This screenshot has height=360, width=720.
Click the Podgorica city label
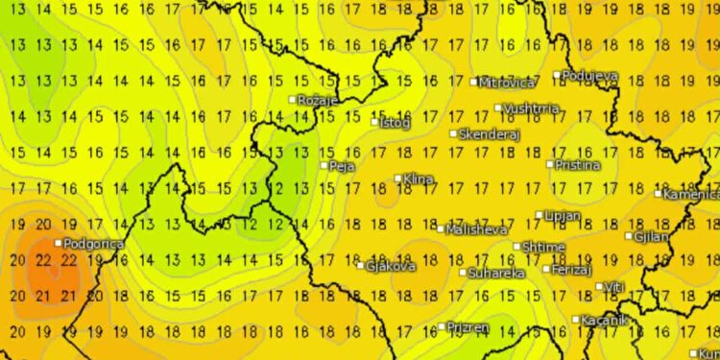pos(94,245)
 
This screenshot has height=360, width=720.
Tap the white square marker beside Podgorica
pos(59,242)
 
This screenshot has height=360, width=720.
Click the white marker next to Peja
pos(324,165)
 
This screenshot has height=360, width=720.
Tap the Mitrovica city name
pos(507,83)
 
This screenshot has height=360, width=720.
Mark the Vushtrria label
pos(531,109)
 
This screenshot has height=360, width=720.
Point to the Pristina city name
pos(577,165)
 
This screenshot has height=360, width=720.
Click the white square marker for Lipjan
pos(540,216)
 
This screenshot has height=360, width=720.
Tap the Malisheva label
pos(474,229)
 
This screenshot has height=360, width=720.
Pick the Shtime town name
pos(543,247)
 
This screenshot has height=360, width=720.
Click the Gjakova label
pos(392,266)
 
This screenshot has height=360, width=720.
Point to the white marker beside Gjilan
pos(628,236)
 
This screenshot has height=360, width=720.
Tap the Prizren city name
pos(468,328)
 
